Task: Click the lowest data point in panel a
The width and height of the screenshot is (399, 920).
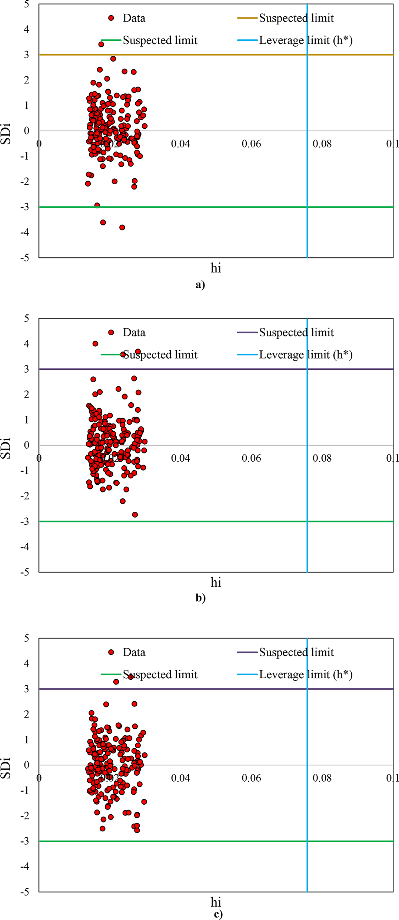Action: pos(122,227)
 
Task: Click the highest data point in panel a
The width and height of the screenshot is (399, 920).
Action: pos(101,44)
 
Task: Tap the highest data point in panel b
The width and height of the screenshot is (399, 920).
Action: pos(95,344)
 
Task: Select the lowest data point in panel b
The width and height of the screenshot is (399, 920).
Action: pos(135,515)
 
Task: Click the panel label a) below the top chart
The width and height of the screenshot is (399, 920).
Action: pos(200,284)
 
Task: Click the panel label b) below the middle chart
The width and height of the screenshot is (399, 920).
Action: pos(200,598)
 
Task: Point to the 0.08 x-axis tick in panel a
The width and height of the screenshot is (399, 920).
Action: pos(322,144)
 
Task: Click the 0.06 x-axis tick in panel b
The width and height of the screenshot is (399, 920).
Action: pos(251,458)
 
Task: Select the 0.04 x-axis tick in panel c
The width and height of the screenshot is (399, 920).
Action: pos(180,778)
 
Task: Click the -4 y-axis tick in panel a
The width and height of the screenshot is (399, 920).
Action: pos(25,232)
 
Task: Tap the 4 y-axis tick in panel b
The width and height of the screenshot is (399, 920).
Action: pos(26,344)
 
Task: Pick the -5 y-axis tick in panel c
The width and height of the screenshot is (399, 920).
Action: pos(25,891)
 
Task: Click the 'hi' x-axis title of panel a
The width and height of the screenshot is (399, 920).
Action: pos(216,268)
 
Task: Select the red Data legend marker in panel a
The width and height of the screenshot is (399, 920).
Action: pos(111,18)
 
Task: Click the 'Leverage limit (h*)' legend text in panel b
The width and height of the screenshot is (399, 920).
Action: pos(306,355)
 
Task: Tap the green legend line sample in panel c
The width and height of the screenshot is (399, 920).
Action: pos(111,674)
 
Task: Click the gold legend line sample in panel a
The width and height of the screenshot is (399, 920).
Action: pos(247,18)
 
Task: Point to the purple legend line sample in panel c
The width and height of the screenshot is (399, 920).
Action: pos(247,652)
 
